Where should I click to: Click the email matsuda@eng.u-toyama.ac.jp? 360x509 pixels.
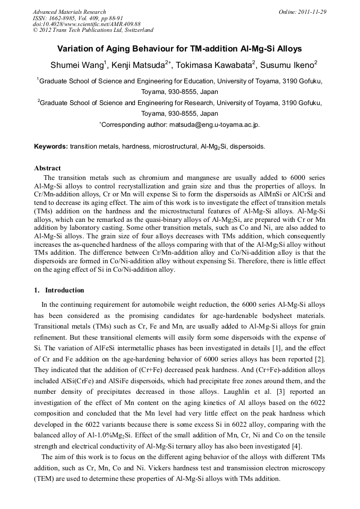214,125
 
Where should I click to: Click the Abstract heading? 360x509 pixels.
47,168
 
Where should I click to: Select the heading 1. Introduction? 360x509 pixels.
59,290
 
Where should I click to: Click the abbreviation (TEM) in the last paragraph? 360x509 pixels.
44,479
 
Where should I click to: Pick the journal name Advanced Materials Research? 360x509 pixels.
70,12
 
